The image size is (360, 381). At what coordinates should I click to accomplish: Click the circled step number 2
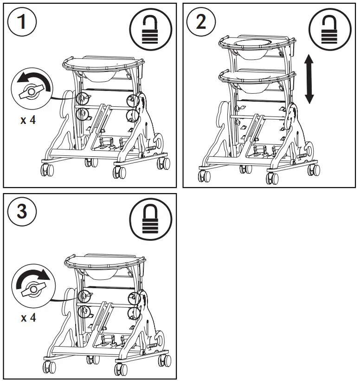coord(201,22)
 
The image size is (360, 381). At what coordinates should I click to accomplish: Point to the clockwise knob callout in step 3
coord(32,284)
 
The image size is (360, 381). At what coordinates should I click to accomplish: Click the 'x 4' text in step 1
coord(28,120)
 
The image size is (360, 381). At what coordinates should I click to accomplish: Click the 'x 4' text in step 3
coord(28,318)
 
